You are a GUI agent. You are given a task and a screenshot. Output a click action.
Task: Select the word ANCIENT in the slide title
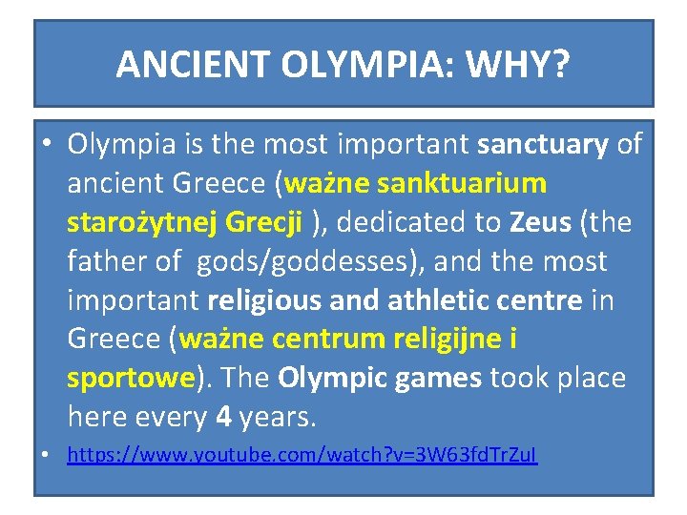pyautogui.click(x=194, y=64)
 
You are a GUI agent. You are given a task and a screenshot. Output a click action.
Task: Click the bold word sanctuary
pyautogui.click(x=542, y=144)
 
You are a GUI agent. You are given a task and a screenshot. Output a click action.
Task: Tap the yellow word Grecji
pyautogui.click(x=264, y=222)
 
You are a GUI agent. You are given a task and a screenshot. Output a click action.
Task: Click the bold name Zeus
pyautogui.click(x=540, y=222)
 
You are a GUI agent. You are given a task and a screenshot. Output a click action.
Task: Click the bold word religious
pyautogui.click(x=264, y=300)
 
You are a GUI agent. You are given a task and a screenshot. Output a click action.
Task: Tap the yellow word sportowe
pyautogui.click(x=131, y=378)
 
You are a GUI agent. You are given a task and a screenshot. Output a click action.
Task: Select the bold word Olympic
pyautogui.click(x=327, y=378)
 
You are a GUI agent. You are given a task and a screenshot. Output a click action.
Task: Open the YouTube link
pyautogui.click(x=302, y=457)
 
